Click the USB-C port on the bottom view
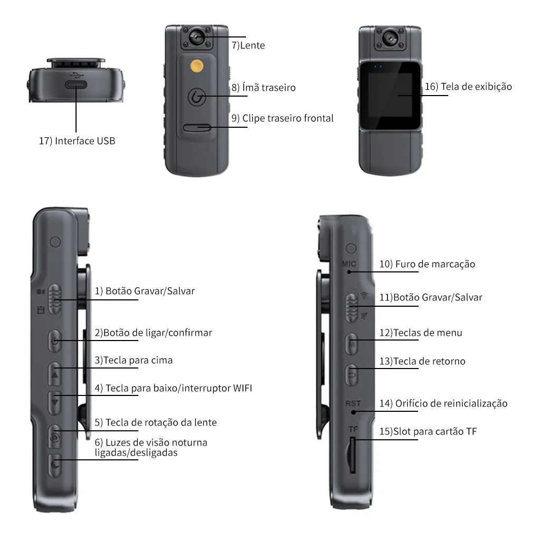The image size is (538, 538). tap(76, 85)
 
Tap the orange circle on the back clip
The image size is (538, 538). tap(196, 66)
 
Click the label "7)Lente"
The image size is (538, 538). tap(248, 45)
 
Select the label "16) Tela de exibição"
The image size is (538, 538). tap(468, 87)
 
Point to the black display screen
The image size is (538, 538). tap(390, 96)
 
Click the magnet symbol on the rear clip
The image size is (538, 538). tap(197, 97)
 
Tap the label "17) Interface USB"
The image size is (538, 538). tap(77, 140)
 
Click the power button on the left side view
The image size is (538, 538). tap(55, 341)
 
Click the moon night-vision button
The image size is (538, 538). tap(55, 465)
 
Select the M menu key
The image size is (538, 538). tap(352, 344)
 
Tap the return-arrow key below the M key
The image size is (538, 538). tap(352, 375)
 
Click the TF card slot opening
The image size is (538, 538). tap(352, 455)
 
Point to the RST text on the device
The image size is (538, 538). tap(353, 403)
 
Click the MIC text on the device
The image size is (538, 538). tap(349, 264)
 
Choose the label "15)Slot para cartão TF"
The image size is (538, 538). tap(428, 431)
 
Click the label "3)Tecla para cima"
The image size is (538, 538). tap(134, 360)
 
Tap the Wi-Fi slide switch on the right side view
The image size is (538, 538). tap(351, 307)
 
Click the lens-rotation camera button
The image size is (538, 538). tap(55, 437)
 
